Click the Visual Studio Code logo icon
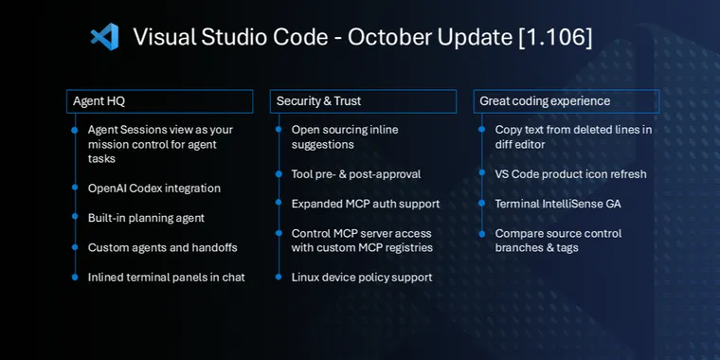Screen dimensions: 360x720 104,37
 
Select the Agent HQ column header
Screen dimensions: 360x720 159,101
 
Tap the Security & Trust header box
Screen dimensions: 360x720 363,101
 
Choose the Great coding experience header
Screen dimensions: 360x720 566,101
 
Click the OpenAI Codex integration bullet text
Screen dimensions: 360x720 154,189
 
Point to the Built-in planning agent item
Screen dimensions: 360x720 146,218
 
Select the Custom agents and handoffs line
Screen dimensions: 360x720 163,247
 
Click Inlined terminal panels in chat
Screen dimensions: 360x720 167,278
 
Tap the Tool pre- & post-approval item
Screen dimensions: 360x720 356,174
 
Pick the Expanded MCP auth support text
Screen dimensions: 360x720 366,204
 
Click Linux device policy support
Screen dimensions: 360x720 362,278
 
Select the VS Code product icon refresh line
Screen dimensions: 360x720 571,174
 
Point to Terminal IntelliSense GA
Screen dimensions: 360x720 558,204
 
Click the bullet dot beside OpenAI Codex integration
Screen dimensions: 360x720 75,189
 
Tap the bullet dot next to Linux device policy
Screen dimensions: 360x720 279,278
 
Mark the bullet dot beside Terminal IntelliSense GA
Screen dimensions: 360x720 482,204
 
